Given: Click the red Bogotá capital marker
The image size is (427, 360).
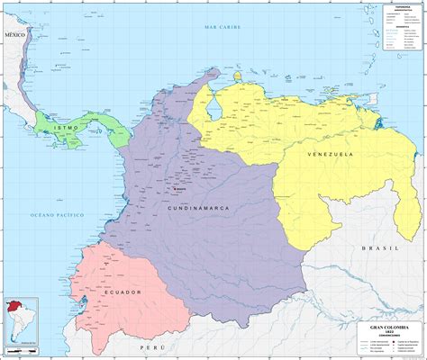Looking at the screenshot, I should pyautogui.click(x=172, y=189).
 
